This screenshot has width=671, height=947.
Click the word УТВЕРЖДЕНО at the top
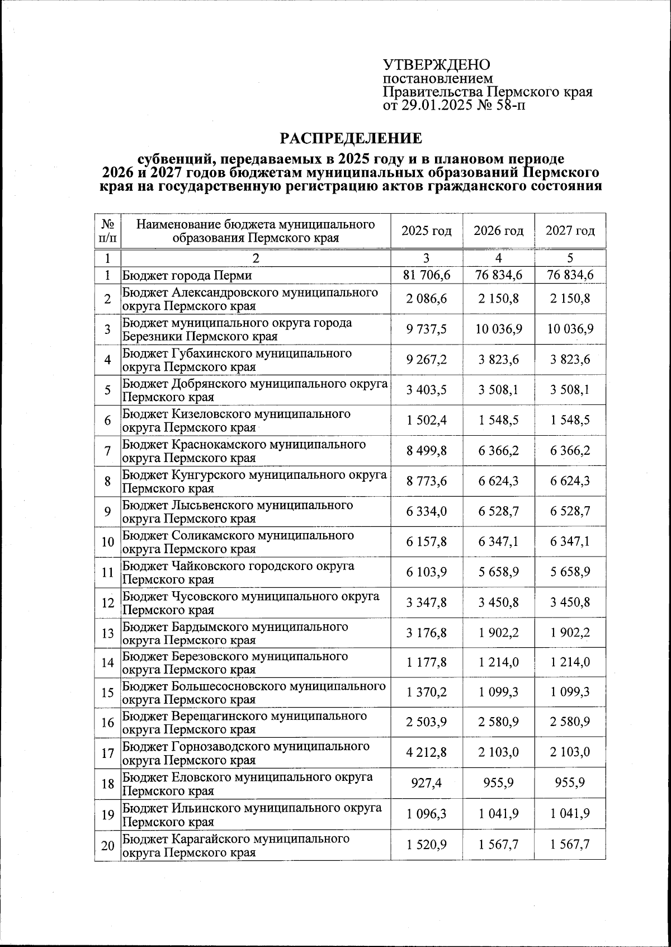coord(437,65)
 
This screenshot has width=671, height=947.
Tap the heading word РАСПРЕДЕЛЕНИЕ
coord(351,138)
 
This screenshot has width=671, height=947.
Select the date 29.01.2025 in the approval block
coord(437,105)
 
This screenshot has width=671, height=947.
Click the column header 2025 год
coord(427,230)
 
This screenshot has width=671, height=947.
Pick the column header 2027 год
coord(570,230)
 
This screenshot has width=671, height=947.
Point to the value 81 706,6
coord(427,275)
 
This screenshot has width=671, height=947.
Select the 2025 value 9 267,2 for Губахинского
coord(427,360)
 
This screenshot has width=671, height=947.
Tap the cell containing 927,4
coord(427,783)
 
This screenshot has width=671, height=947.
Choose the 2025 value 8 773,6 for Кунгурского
coord(427,481)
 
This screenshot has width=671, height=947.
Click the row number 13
coord(107,633)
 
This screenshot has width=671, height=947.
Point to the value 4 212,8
coord(427,752)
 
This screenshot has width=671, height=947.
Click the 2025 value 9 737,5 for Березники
coord(427,329)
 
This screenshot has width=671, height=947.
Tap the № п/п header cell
coord(107,230)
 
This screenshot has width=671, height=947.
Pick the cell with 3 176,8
coord(427,633)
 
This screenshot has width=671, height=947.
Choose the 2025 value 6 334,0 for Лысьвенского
coord(427,511)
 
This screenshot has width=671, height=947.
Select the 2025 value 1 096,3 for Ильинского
coord(427,814)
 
